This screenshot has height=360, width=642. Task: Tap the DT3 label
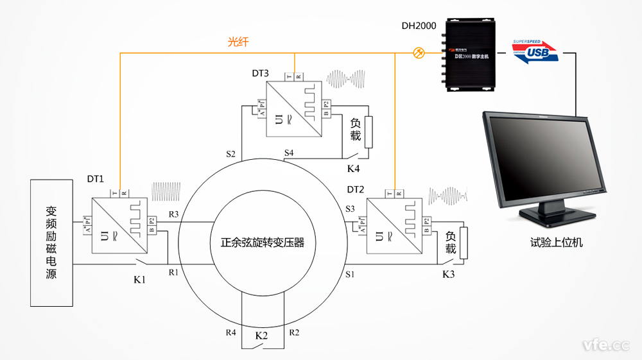click(260, 73)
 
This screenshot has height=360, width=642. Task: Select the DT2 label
click(356, 189)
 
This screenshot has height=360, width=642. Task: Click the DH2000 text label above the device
click(419, 26)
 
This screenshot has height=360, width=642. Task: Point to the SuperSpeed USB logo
click(535, 51)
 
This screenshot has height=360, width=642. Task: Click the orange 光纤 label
click(238, 42)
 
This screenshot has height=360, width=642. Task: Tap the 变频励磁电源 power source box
click(51, 242)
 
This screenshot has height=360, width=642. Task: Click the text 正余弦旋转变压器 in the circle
click(262, 243)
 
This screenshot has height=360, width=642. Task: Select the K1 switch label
click(139, 280)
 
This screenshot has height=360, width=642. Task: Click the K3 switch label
click(448, 275)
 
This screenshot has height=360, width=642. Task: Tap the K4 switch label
click(354, 169)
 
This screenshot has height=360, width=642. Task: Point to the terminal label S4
click(289, 153)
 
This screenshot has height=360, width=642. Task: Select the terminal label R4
click(231, 332)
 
